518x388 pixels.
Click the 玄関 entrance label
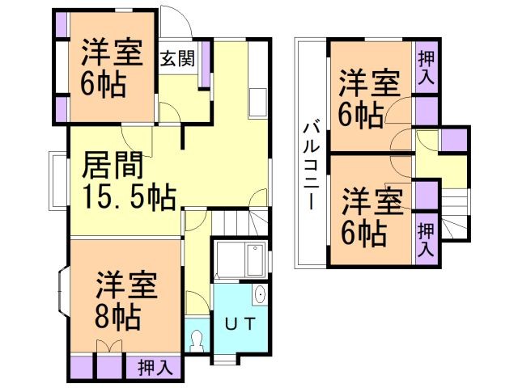coord(176,59)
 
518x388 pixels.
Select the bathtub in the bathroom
coord(242,261)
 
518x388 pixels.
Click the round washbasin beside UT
coord(260,295)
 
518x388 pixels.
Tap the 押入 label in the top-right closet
coord(425,69)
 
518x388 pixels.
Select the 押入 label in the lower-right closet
coord(425,240)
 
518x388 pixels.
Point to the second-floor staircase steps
coord(456,214)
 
